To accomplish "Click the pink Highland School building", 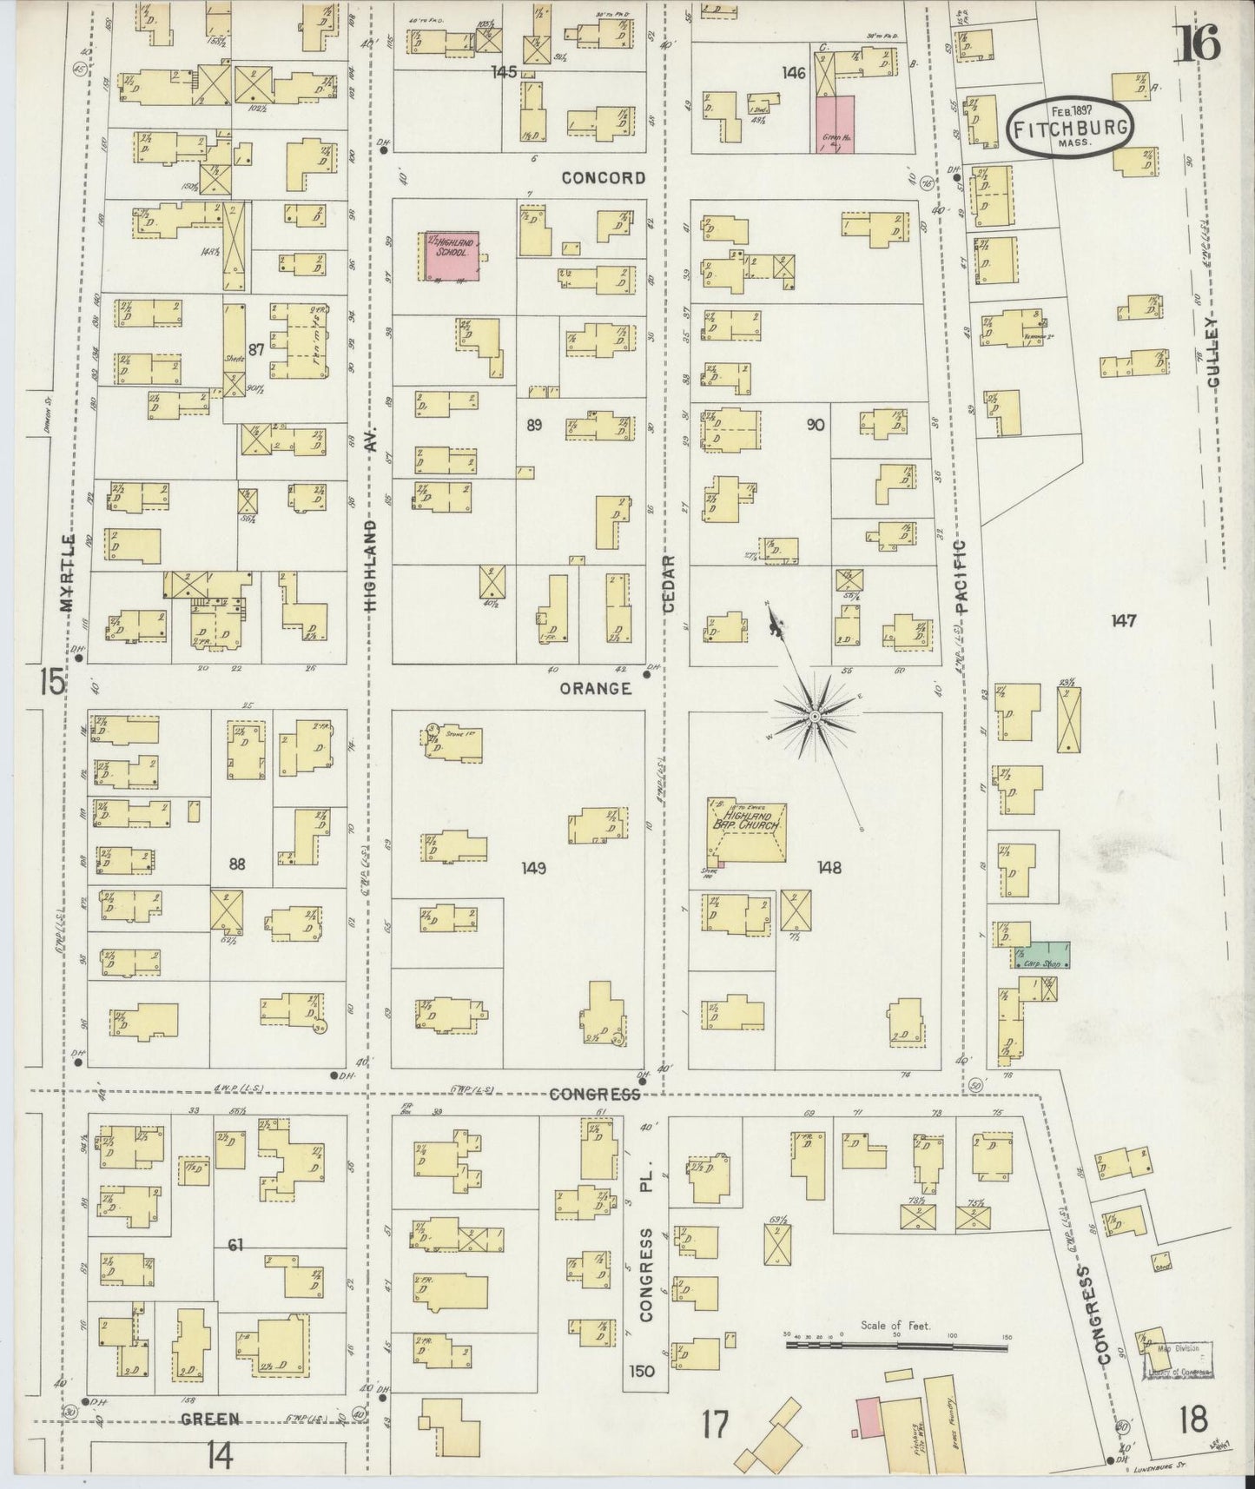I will point(452,255).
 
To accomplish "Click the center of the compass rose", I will point(815,716).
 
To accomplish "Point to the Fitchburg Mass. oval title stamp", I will point(1070,129).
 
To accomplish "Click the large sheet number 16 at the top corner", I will point(1199,43).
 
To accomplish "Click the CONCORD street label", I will point(604,178).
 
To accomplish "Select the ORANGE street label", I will point(595,688).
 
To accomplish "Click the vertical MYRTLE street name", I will point(69,573).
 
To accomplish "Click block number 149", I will point(533,867).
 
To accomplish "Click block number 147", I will point(1123,620).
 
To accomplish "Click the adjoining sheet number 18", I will point(1194,1419).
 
